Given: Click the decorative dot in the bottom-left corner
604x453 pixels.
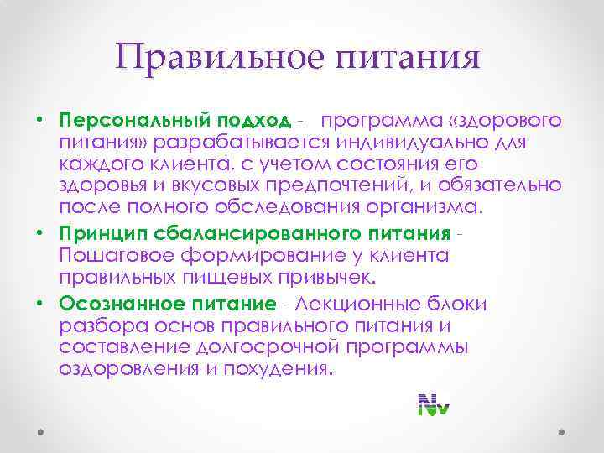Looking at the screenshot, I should pyautogui.click(x=40, y=432).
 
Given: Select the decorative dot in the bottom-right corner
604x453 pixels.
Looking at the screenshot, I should pyautogui.click(x=561, y=432).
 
